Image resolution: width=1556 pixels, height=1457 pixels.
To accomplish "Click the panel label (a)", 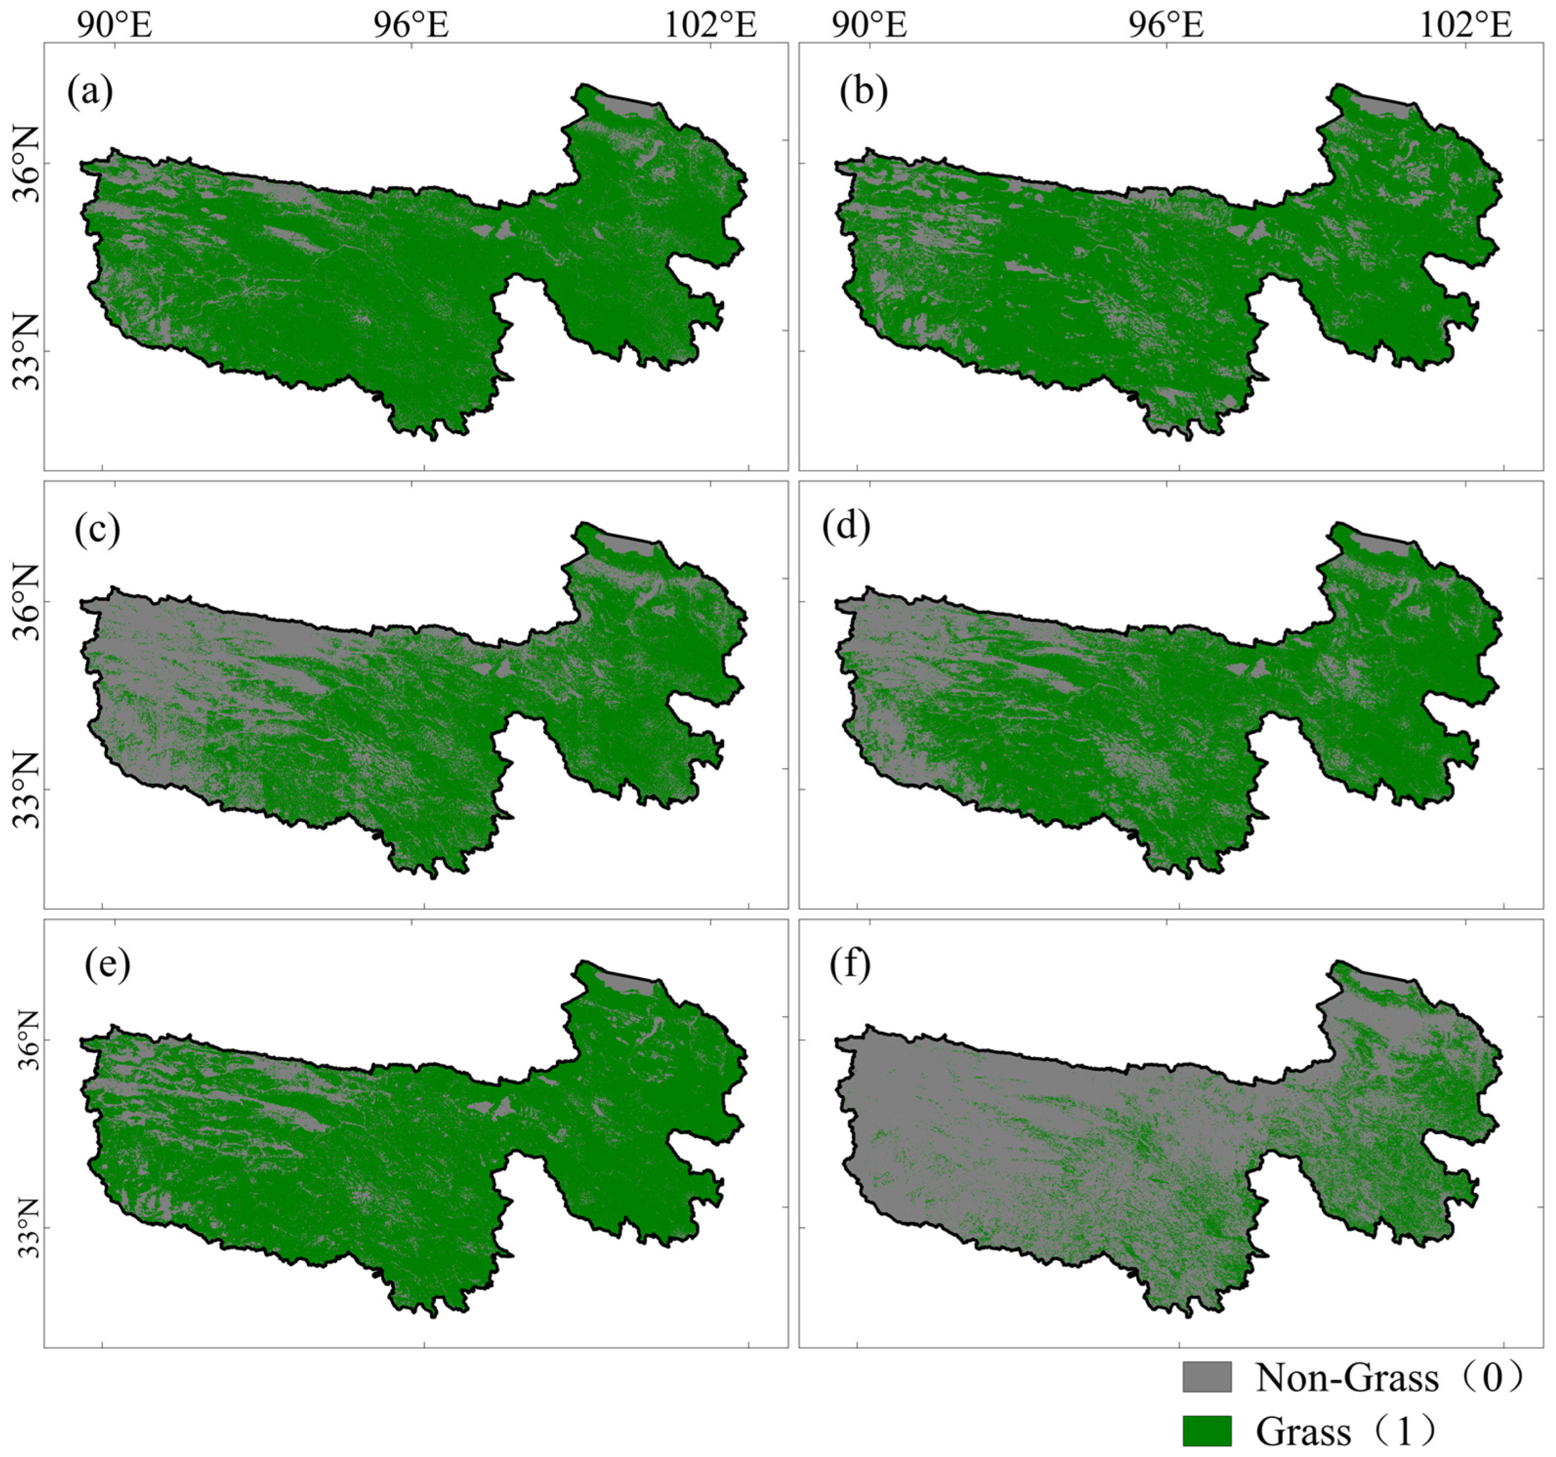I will (90, 92).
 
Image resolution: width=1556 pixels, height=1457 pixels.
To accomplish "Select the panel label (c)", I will (97, 530).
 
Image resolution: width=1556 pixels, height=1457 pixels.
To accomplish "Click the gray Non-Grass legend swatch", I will (1206, 1376).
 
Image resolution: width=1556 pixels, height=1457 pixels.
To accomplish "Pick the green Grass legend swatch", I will (1206, 1430).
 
